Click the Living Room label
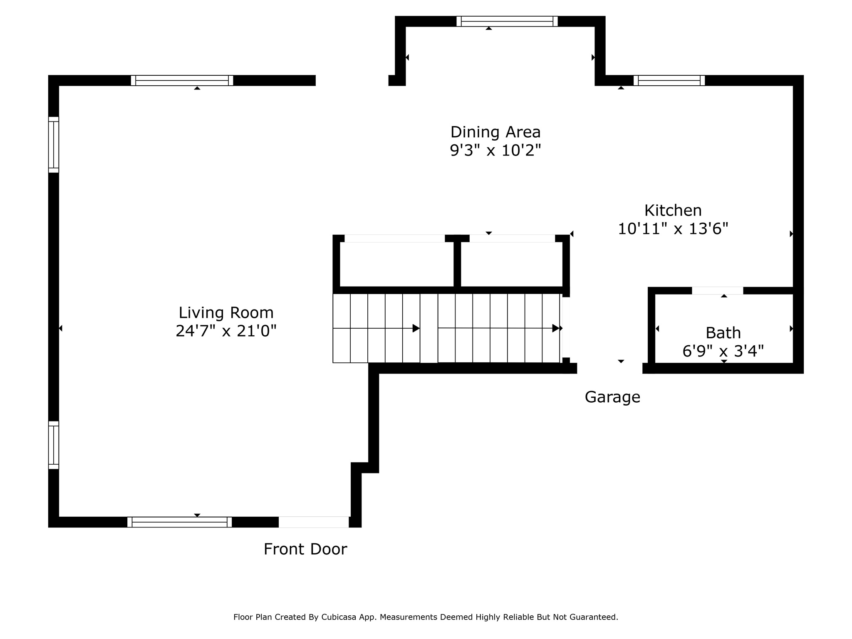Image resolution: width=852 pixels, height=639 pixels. pyautogui.click(x=226, y=312)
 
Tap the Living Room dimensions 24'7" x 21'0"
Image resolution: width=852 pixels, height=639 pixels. pyautogui.click(x=226, y=331)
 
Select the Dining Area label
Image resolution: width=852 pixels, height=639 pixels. pyautogui.click(x=495, y=132)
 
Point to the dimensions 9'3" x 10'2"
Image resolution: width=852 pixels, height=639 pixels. pyautogui.click(x=495, y=150)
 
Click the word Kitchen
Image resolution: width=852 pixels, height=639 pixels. pyautogui.click(x=673, y=211)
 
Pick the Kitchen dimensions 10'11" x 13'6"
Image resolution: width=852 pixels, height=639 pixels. pyautogui.click(x=673, y=229)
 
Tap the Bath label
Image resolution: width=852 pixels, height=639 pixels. pyautogui.click(x=723, y=333)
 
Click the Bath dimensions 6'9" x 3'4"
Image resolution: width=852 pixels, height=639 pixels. pyautogui.click(x=723, y=351)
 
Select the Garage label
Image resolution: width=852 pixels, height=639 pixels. pyautogui.click(x=612, y=397)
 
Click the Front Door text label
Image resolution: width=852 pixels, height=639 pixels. pyautogui.click(x=305, y=549)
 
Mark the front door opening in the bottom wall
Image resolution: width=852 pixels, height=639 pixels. pyautogui.click(x=314, y=522)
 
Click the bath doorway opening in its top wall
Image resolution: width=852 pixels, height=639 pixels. pyautogui.click(x=717, y=290)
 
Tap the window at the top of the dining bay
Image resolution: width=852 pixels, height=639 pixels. pyautogui.click(x=507, y=21)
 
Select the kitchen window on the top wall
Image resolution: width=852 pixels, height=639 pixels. pyautogui.click(x=669, y=80)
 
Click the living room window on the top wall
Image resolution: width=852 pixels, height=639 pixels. pyautogui.click(x=182, y=80)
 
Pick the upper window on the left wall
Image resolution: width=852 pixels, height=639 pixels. pyautogui.click(x=54, y=144)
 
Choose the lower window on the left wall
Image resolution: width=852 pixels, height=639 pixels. pyautogui.click(x=54, y=445)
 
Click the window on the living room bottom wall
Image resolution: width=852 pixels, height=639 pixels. pyautogui.click(x=179, y=522)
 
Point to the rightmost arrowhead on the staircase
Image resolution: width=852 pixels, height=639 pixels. pyautogui.click(x=556, y=328)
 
